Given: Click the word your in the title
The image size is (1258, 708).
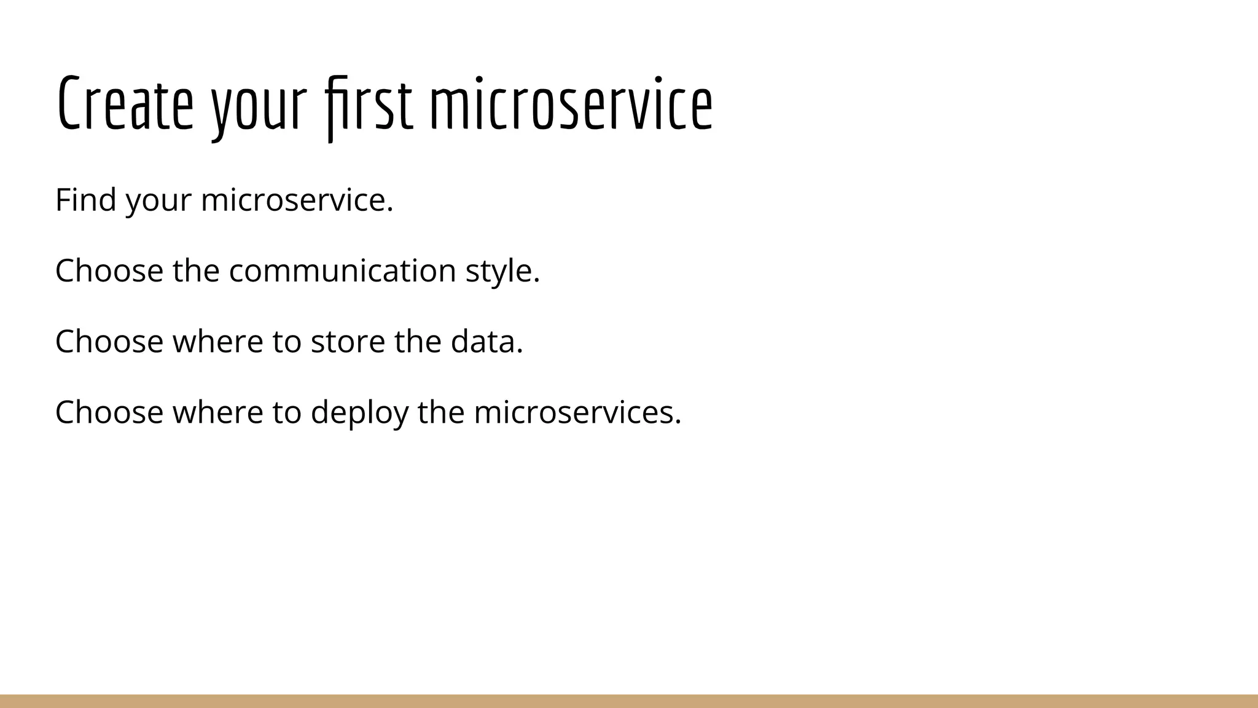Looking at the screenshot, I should pyautogui.click(x=259, y=108).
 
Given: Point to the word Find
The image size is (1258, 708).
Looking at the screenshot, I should pyautogui.click(x=85, y=200).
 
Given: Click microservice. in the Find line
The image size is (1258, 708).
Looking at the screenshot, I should pyautogui.click(x=297, y=200).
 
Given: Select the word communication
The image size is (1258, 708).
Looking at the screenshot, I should pyautogui.click(x=342, y=270).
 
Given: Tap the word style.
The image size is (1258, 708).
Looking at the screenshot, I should pyautogui.click(x=502, y=272).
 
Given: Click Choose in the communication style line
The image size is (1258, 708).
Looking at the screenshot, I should pyautogui.click(x=109, y=270).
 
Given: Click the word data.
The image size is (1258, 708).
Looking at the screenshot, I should pyautogui.click(x=486, y=341).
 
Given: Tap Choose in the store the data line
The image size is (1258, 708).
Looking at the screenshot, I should pyautogui.click(x=109, y=341).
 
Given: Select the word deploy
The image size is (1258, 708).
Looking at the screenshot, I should pyautogui.click(x=359, y=413).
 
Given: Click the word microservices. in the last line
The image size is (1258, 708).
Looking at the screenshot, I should pyautogui.click(x=577, y=412).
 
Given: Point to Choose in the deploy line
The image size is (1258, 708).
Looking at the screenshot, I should pyautogui.click(x=109, y=412).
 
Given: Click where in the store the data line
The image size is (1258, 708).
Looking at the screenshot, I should pyautogui.click(x=217, y=341).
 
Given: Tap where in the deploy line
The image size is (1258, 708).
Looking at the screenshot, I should pyautogui.click(x=217, y=412).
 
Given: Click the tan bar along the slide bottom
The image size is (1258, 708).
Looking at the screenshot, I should pyautogui.click(x=629, y=701).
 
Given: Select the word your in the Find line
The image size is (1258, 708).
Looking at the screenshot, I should pyautogui.click(x=158, y=202).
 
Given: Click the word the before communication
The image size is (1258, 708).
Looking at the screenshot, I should pyautogui.click(x=196, y=270).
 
